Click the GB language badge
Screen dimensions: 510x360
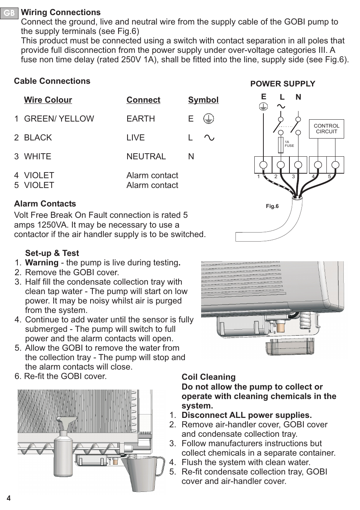(9, 13)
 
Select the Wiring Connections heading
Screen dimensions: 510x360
(61, 12)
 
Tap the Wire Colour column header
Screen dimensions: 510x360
(48, 100)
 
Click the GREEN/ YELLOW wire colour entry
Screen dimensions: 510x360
(59, 119)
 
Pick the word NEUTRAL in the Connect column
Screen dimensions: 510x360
(146, 157)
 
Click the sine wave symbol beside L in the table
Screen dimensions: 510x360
(209, 138)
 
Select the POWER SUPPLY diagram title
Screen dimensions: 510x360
(283, 84)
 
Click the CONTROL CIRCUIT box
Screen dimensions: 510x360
(326, 129)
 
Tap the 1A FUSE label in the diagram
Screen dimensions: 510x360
(289, 144)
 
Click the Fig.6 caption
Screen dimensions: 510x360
(272, 206)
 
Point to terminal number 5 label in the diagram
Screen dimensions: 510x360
(329, 176)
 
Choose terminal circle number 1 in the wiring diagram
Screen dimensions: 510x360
(263, 165)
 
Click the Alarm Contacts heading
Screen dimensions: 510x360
(45, 204)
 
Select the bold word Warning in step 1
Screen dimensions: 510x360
(42, 263)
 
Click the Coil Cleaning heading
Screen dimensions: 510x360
(208, 377)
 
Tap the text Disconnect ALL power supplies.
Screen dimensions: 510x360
(246, 415)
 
